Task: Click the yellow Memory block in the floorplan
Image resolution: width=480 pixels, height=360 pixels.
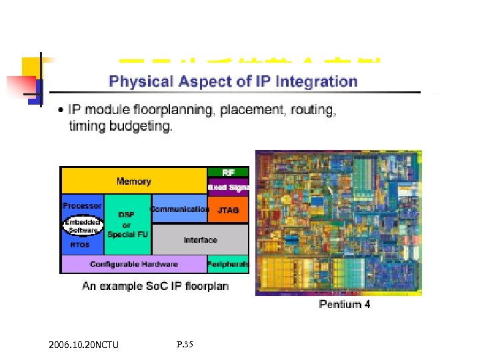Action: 133,181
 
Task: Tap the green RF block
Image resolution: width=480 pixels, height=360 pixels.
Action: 228,172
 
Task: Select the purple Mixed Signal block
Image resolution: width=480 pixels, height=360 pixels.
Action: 228,187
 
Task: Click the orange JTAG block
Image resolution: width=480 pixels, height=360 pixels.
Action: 228,210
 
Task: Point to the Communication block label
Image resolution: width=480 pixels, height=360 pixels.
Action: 179,209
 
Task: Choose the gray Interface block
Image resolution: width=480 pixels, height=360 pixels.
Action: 200,239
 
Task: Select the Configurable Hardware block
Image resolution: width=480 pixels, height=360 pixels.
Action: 133,264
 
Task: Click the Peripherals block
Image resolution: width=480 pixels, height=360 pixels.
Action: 228,264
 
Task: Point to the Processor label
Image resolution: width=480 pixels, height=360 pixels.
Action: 82,206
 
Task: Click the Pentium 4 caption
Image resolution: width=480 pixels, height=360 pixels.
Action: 344,304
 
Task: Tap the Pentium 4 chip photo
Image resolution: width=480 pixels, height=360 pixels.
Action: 338,223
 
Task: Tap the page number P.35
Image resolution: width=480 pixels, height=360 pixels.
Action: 185,345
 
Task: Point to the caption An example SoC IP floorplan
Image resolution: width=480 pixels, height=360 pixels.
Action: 155,286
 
